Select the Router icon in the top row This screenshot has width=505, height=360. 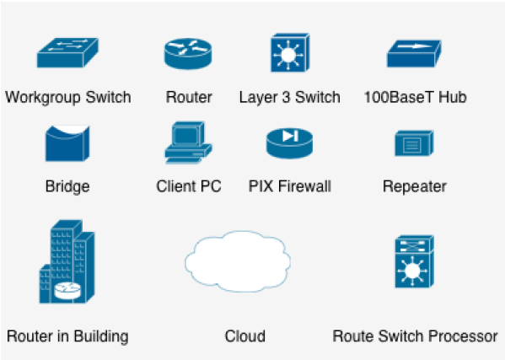(188, 54)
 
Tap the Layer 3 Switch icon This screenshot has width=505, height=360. (289, 53)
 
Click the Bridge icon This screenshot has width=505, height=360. (67, 142)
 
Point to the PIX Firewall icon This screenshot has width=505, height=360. (289, 142)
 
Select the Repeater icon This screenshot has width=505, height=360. (413, 143)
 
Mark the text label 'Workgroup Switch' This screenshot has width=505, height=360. (67, 97)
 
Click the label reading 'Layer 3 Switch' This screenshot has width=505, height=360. (289, 97)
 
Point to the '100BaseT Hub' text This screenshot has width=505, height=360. (414, 97)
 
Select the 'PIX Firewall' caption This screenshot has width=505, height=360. (289, 186)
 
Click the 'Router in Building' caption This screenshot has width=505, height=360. (67, 336)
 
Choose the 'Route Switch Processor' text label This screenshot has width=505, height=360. (415, 336)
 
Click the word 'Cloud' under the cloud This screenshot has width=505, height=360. (244, 336)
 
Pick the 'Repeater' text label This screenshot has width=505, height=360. (414, 186)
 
